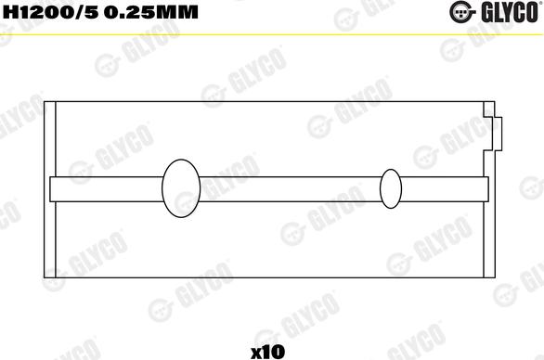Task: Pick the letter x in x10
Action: pyautogui.click(x=255, y=352)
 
